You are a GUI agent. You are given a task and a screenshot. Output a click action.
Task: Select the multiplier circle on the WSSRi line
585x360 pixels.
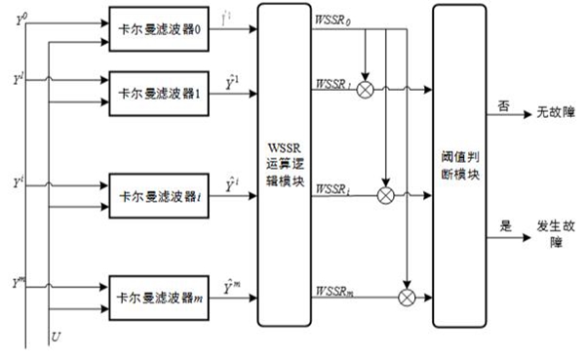(385, 196)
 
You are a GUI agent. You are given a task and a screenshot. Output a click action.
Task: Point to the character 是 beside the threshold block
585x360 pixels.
(505, 224)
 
